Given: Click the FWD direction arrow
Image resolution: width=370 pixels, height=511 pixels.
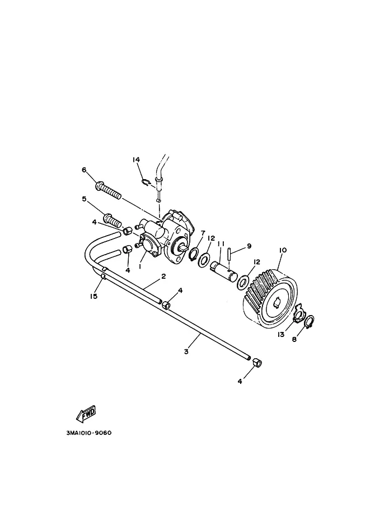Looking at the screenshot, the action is (x=86, y=414).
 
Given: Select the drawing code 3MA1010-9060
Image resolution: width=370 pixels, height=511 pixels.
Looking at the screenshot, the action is (x=88, y=433).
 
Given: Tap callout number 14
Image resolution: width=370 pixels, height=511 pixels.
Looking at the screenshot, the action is (x=136, y=160).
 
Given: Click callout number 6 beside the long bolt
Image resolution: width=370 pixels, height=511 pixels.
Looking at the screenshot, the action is (x=84, y=170).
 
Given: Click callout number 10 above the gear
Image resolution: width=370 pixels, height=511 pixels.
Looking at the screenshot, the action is (x=283, y=250).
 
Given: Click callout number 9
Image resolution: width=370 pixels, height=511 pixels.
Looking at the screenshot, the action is (x=249, y=246).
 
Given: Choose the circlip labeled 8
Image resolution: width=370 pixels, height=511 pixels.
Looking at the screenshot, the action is (x=310, y=322).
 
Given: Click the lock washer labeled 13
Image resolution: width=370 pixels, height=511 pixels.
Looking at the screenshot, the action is (x=298, y=314).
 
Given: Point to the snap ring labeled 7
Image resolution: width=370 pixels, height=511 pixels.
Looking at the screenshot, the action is (x=194, y=254).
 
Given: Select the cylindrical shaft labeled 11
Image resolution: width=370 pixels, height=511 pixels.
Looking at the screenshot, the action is (x=224, y=270).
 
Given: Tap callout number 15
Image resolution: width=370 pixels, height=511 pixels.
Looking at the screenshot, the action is (x=94, y=296).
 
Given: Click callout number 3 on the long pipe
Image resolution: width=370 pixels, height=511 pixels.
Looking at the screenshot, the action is (x=186, y=352).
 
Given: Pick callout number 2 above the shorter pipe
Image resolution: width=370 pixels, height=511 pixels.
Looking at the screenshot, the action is (x=163, y=276).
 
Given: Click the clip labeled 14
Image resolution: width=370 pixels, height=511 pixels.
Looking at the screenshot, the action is (x=146, y=182).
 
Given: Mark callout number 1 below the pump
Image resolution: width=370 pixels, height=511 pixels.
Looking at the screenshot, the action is (x=139, y=266).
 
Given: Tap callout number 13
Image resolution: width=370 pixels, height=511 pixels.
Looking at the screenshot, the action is (x=281, y=334).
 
